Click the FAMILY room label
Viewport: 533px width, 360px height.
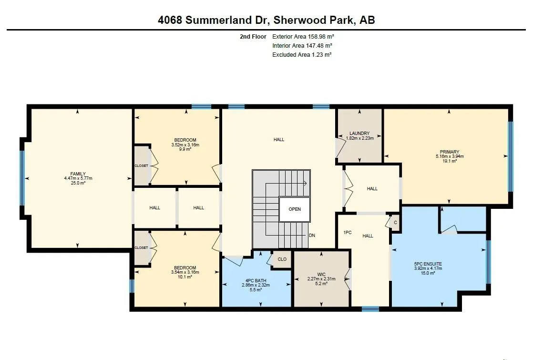pos(78,174)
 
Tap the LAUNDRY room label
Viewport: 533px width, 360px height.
pos(360,133)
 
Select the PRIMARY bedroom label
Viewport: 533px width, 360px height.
pos(450,152)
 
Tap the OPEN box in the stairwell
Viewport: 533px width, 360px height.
pos(295,209)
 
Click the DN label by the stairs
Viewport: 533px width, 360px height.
pos(312,236)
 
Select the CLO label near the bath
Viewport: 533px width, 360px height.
pos(282,259)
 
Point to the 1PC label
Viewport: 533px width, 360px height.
pos(348,233)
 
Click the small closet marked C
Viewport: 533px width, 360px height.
pos(395,223)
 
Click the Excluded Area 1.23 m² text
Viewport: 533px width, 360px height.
pos(302,55)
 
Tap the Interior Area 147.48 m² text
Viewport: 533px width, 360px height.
pos(302,46)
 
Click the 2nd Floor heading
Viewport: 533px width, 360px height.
pos(253,37)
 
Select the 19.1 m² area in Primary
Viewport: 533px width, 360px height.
pos(450,161)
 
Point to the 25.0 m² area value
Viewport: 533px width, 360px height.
pos(78,183)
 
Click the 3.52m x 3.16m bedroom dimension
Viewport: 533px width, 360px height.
pos(185,145)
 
